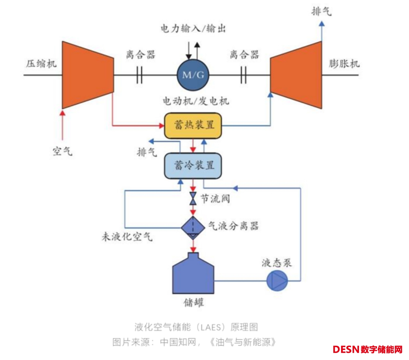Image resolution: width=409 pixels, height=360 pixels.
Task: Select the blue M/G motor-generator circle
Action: (x=193, y=75)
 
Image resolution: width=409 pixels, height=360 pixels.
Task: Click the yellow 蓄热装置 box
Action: (x=193, y=126)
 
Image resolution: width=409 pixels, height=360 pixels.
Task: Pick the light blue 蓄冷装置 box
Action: (x=193, y=165)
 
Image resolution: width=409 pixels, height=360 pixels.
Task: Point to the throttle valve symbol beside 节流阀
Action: (x=193, y=198)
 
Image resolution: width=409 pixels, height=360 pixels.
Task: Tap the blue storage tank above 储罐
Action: (x=193, y=275)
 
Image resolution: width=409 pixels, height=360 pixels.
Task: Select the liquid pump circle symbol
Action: (x=277, y=281)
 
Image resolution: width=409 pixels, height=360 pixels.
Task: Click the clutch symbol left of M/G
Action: (x=139, y=75)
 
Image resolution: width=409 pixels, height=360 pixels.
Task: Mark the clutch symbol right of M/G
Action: (x=243, y=75)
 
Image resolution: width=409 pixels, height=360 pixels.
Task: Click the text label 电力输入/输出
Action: (x=193, y=29)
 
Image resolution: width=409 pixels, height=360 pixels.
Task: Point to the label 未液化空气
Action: (x=127, y=237)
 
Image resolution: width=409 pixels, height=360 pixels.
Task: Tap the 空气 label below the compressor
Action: (x=62, y=151)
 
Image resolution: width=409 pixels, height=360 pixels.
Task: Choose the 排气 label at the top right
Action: (x=321, y=12)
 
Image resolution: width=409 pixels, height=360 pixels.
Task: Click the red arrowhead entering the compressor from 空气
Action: (x=62, y=113)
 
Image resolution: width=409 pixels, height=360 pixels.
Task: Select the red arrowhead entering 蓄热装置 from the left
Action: (x=161, y=126)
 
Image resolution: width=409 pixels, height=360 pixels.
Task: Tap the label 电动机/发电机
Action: (x=196, y=101)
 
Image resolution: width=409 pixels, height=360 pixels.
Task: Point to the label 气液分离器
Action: (x=233, y=226)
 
